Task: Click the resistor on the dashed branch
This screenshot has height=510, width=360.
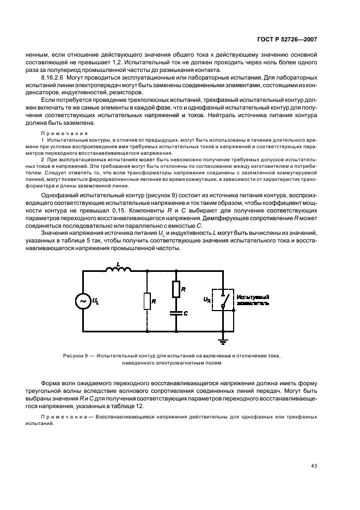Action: pyautogui.click(x=147, y=300)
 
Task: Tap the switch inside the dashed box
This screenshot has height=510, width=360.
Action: pyautogui.click(x=223, y=299)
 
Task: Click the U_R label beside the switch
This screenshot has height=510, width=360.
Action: pyautogui.click(x=208, y=299)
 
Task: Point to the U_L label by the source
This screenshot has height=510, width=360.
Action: pyautogui.click(x=97, y=301)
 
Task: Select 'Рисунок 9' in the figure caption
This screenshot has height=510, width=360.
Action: pyautogui.click(x=76, y=355)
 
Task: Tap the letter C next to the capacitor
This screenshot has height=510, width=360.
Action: pyautogui.click(x=186, y=314)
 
